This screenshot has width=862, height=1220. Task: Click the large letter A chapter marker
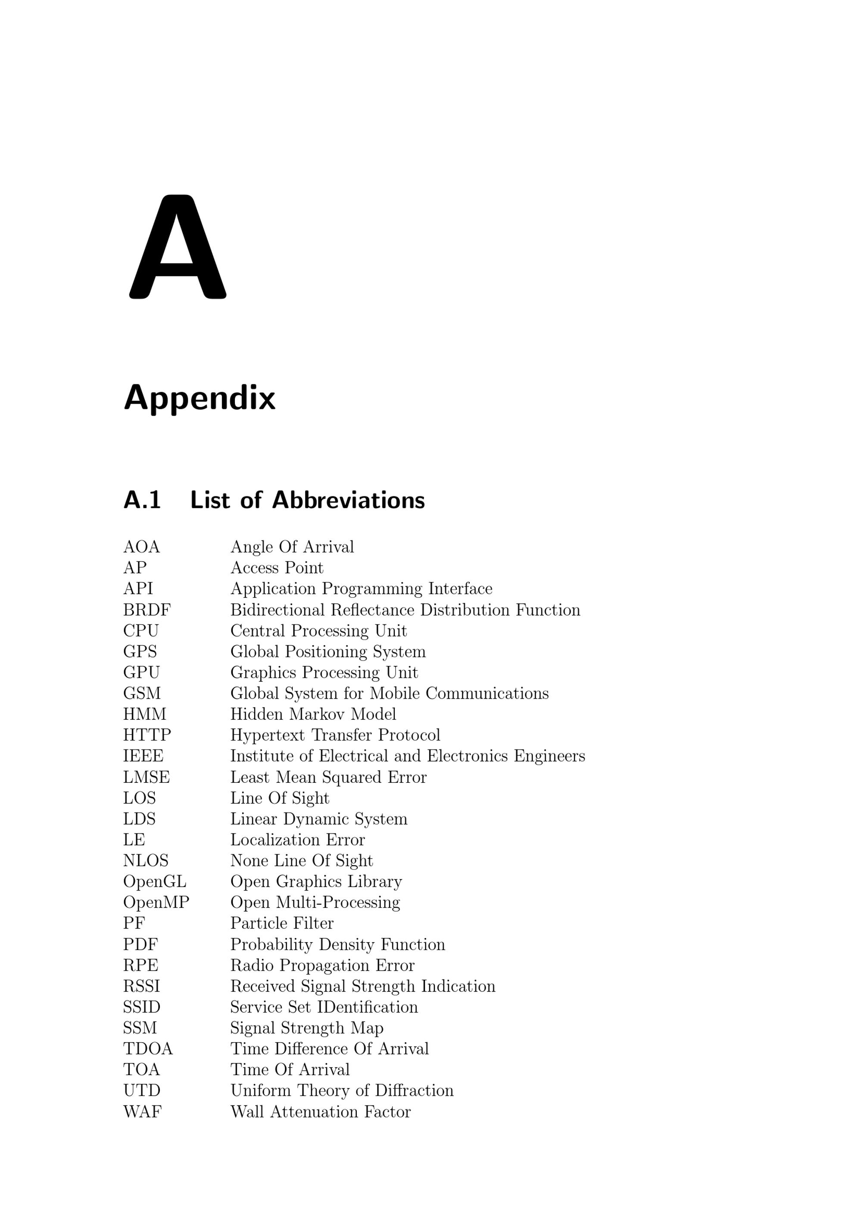(178, 247)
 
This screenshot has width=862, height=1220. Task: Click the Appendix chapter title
(200, 398)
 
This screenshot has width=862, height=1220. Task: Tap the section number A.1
(142, 500)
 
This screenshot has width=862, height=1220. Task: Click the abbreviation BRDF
(147, 609)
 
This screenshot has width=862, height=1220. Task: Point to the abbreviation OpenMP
(156, 902)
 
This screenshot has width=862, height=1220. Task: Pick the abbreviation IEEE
(144, 756)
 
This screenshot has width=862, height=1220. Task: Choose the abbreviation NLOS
(146, 860)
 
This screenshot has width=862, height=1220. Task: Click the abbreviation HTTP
(147, 735)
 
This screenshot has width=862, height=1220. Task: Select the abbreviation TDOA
(148, 1048)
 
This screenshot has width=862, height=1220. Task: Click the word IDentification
(368, 1007)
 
